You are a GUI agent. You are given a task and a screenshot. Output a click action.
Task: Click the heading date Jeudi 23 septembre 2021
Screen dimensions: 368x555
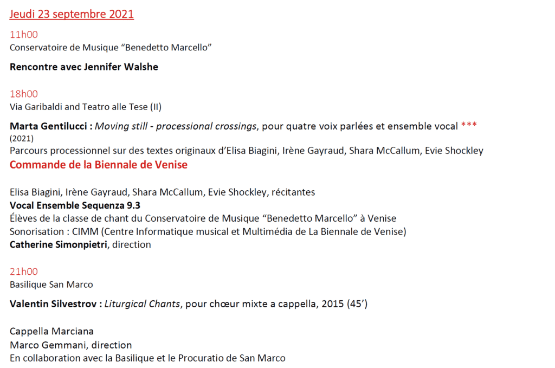pos(72,15)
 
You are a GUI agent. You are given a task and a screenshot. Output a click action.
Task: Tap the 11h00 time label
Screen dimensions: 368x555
pos(24,35)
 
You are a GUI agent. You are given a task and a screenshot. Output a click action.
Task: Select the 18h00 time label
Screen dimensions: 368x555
pos(24,94)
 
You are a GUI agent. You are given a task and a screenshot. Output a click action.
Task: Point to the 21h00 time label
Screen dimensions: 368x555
pos(24,272)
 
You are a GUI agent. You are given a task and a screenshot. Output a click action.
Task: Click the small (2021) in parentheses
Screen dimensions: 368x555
pos(21,138)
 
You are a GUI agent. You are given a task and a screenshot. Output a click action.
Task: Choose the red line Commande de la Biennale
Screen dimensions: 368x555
pos(98,165)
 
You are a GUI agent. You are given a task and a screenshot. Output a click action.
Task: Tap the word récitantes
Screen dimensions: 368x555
pos(292,192)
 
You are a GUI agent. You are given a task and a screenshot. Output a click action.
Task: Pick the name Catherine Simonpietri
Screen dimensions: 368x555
pos(59,244)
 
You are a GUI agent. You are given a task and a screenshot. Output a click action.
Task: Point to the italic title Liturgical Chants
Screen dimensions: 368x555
pos(141,304)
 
